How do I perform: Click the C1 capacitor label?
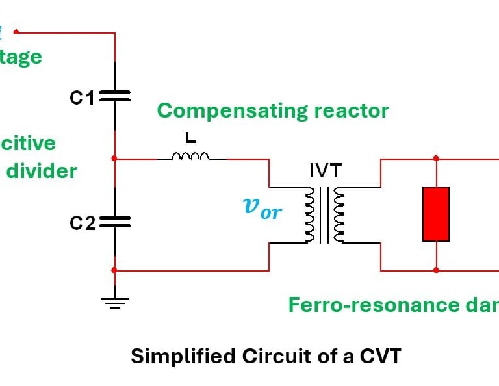pyautogui.click(x=82, y=98)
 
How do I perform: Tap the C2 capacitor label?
pyautogui.click(x=83, y=224)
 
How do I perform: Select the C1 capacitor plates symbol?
pyautogui.click(x=115, y=96)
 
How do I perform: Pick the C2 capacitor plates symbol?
pyautogui.click(x=115, y=222)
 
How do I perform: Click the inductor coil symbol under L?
pyautogui.click(x=190, y=156)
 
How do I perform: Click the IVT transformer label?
pyautogui.click(x=324, y=171)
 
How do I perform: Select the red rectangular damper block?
pyautogui.click(x=436, y=214)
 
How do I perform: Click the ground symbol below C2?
pyautogui.click(x=115, y=302)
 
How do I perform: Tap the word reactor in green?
pyautogui.click(x=350, y=110)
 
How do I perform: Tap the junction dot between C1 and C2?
pyautogui.click(x=115, y=158)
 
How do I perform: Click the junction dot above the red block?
pyautogui.click(x=436, y=158)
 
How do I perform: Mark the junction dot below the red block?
pyautogui.click(x=436, y=270)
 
